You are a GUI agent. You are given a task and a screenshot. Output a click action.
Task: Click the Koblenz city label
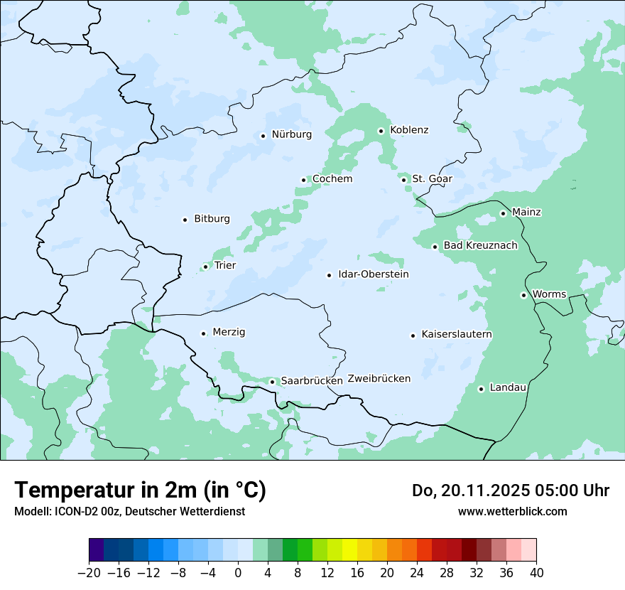coord(409,130)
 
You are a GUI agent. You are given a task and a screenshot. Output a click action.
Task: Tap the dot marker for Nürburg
coord(263,136)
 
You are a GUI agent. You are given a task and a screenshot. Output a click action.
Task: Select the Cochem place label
coord(332,179)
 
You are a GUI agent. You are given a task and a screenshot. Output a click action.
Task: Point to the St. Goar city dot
coord(403,180)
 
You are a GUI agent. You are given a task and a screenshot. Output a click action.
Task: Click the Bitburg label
coord(212,219)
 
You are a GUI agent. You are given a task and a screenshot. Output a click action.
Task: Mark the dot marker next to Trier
coord(205,267)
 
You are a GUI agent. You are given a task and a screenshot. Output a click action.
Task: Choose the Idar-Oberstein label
coord(374,274)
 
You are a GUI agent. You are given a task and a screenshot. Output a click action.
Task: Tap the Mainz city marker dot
coord(503,213)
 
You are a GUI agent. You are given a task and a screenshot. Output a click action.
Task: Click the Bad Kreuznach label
coord(480,246)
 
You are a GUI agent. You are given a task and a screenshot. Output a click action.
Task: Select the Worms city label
coord(549,294)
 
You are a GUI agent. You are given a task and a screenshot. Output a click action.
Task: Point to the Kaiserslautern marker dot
coord(413,336)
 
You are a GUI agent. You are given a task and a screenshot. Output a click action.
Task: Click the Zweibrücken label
coord(379,379)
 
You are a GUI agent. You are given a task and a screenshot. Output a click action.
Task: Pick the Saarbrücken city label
coord(312,381)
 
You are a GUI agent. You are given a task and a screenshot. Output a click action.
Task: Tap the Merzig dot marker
coord(203,333)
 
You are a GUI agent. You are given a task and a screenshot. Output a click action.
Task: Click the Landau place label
coord(508,388)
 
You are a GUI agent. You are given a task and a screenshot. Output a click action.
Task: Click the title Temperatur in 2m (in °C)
coord(140,490)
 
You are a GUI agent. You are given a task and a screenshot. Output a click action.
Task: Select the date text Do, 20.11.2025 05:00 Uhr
coord(510,490)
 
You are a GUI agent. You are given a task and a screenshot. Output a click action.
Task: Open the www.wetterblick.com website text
coord(512,512)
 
